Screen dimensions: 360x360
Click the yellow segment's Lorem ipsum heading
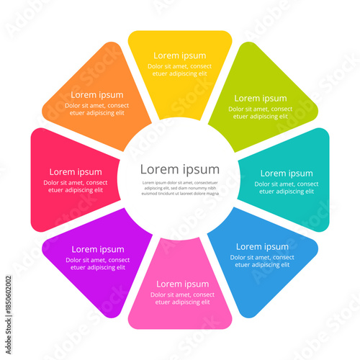[179, 55]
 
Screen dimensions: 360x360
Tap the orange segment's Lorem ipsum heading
[96, 94]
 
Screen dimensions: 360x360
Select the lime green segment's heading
[260, 98]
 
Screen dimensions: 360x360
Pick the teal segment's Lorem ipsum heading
[287, 173]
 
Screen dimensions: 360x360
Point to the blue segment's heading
[262, 246]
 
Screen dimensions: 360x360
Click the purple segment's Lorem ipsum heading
[98, 249]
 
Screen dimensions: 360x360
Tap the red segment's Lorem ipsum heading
[75, 172]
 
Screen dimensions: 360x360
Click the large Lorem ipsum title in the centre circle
[179, 169]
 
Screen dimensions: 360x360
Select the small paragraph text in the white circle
[179, 189]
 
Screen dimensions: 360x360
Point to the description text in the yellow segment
[179, 70]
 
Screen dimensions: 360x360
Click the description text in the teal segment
[287, 188]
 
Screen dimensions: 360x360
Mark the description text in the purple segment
[98, 264]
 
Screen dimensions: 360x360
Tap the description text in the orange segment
[96, 109]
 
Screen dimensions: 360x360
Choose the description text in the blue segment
[262, 261]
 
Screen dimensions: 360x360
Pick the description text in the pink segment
[182, 298]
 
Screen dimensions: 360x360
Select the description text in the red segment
[75, 186]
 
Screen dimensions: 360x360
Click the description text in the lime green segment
[260, 113]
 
